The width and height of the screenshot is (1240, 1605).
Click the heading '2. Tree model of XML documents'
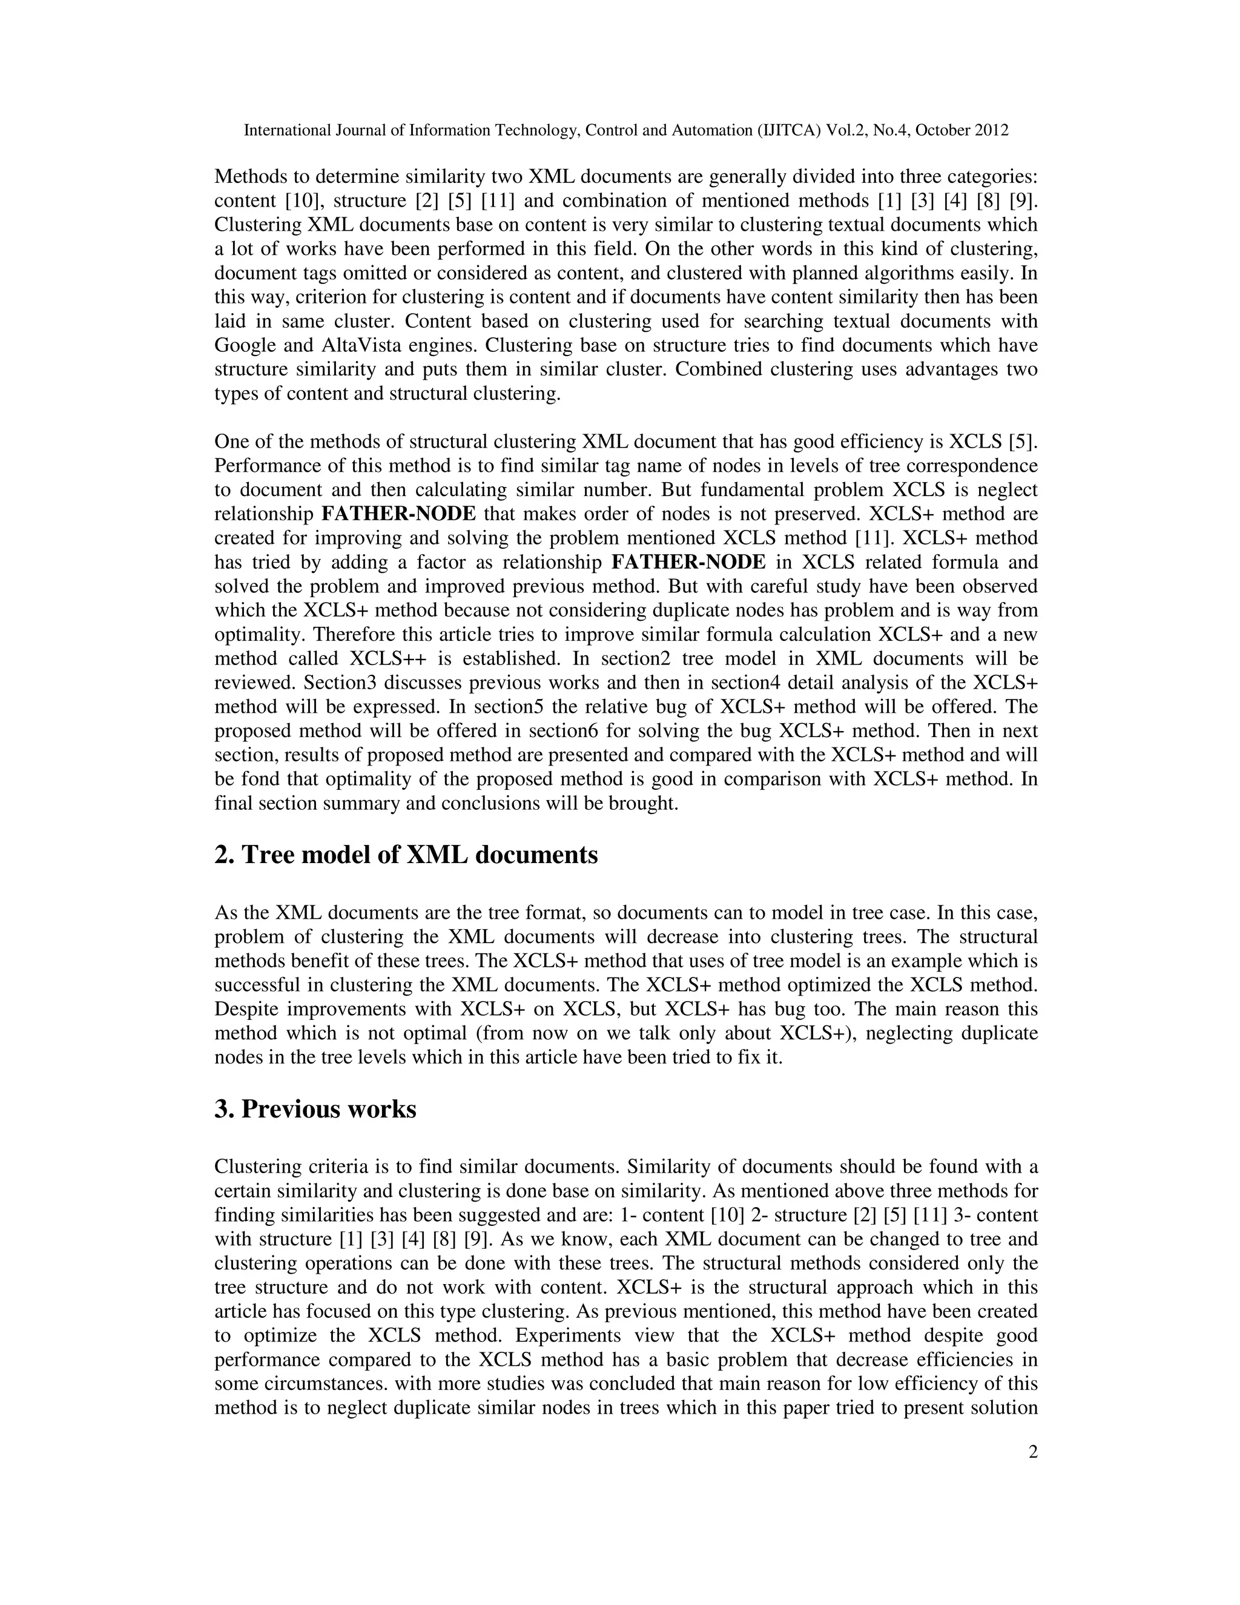[406, 855]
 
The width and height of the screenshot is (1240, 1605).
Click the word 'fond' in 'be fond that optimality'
[263, 779]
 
